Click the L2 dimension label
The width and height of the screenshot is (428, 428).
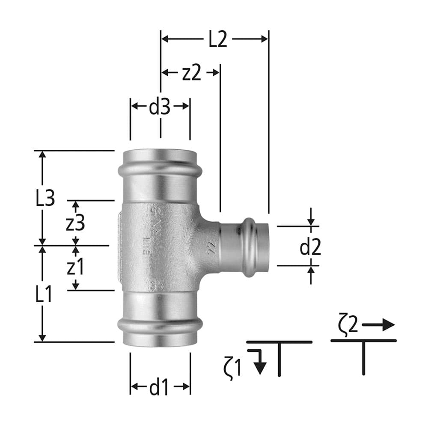coord(217,39)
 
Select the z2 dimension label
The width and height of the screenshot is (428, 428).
coord(191,73)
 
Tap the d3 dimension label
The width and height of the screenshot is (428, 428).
coord(160,107)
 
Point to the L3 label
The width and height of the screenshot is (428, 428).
coord(45,199)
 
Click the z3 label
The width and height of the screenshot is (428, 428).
coord(75,223)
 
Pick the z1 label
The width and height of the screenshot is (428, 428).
coord(75,268)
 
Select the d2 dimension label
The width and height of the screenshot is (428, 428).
coord(310,248)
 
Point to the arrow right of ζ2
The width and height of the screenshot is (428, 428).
coord(378,325)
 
